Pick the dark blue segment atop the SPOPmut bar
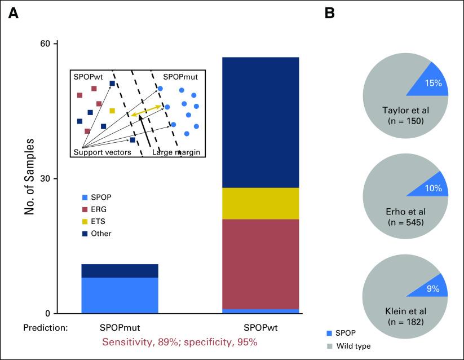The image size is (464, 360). [120, 271]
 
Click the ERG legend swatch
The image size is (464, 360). [85, 209]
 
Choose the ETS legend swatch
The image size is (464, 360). [85, 221]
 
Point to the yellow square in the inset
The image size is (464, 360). [112, 111]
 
